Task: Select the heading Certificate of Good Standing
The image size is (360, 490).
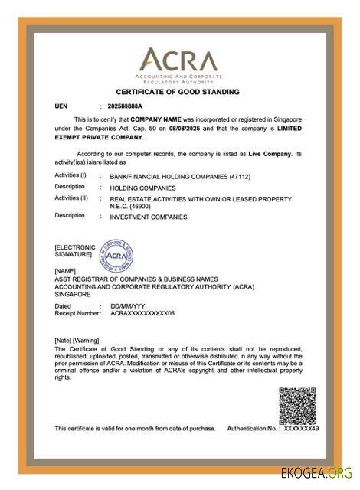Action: pos(178,92)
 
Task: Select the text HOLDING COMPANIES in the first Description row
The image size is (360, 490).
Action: pos(143,188)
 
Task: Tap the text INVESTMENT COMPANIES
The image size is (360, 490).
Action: pos(149,217)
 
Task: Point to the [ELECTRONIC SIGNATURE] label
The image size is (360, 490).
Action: pos(75,250)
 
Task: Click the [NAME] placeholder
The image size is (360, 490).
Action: pos(65,271)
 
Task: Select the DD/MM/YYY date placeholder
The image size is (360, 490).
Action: pos(127,306)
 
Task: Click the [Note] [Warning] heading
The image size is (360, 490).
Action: pos(77,339)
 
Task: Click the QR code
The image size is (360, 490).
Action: pos(296,406)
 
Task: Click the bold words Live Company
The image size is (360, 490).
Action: pos(268,154)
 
